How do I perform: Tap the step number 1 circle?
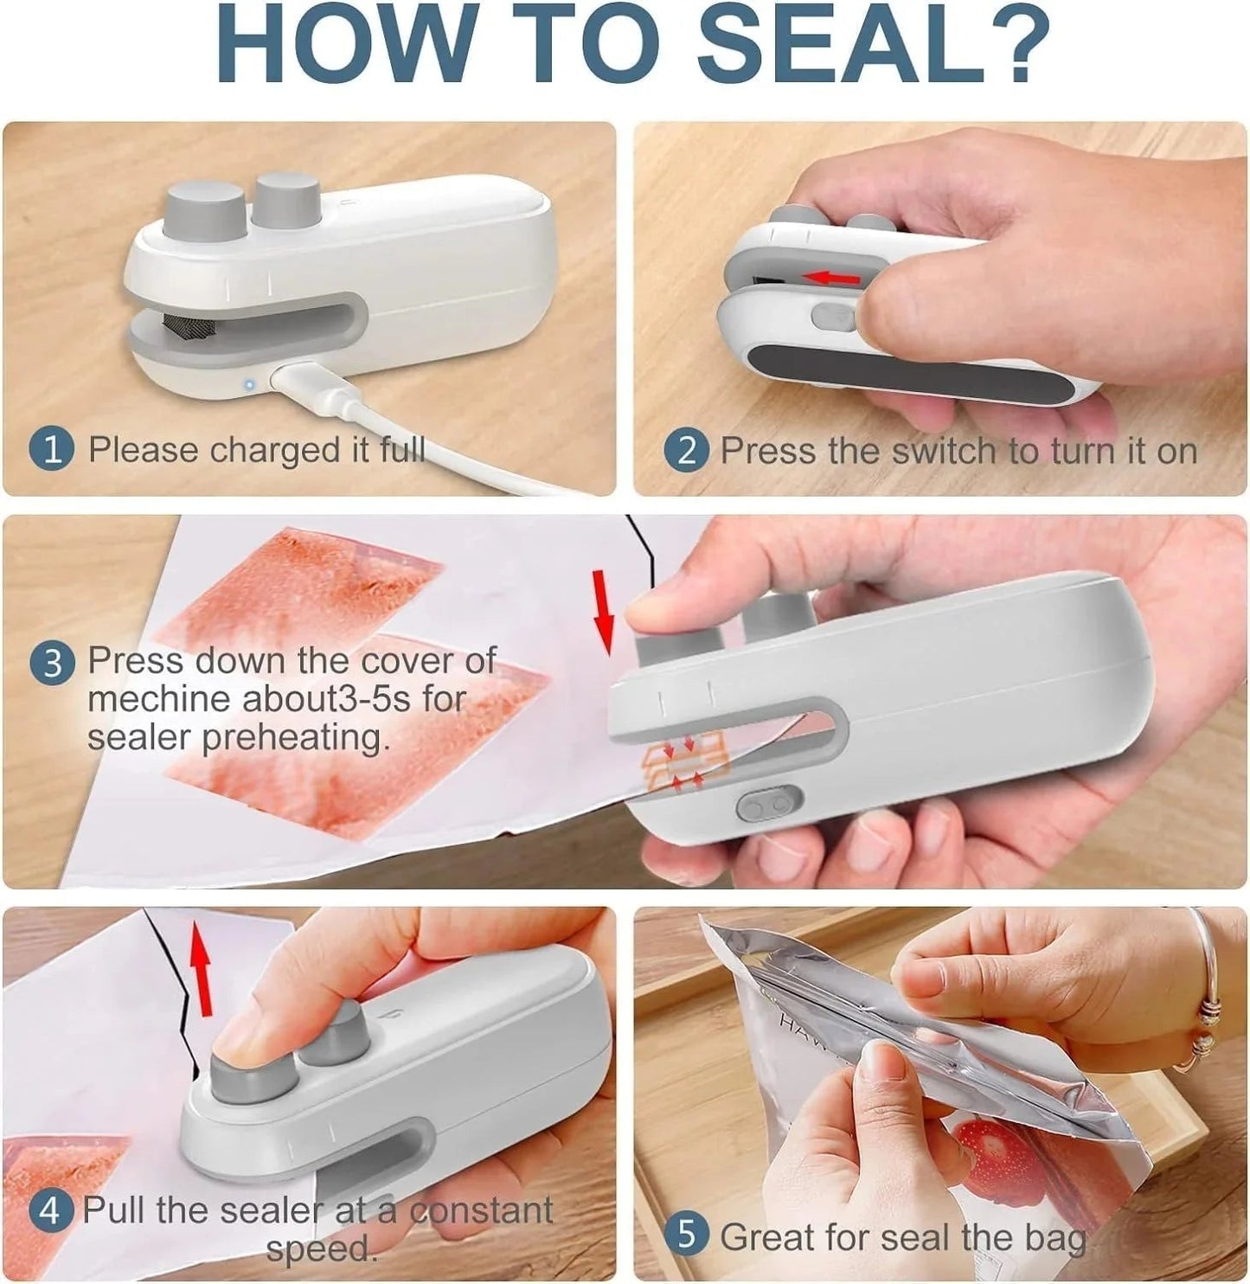point(52,450)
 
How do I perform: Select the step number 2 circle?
point(687,451)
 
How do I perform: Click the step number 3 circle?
point(53,663)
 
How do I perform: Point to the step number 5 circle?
point(686,1235)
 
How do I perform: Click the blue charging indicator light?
point(249,383)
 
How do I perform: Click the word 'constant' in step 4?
point(481,1210)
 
